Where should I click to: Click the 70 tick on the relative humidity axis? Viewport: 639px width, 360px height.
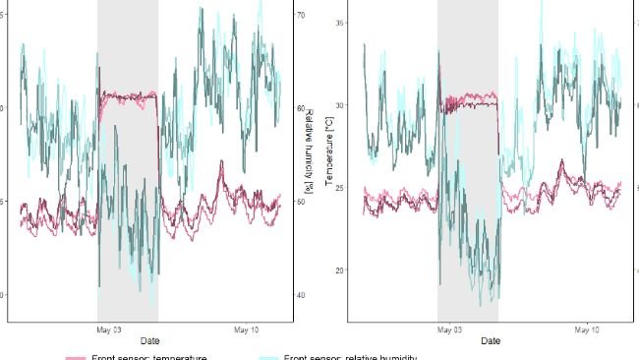point(301,16)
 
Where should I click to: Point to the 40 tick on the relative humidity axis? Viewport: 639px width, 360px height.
point(301,294)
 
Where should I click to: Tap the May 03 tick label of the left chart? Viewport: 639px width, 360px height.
point(108,330)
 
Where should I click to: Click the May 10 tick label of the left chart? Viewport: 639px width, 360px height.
point(247,330)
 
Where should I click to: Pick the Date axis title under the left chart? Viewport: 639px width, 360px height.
point(150,340)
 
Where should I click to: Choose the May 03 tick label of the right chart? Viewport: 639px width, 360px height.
point(449,330)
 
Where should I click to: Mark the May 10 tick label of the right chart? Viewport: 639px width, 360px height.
point(587,330)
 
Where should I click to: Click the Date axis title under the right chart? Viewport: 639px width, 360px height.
point(491,340)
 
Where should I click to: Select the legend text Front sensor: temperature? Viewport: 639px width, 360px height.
point(148,357)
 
